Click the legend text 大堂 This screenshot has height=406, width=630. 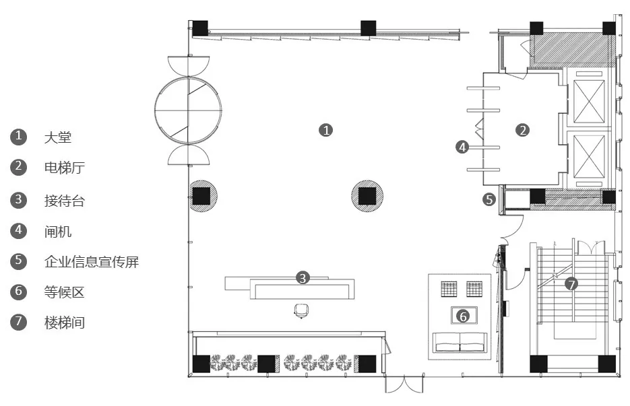coord(58,137)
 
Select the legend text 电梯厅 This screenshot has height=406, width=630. coord(65,168)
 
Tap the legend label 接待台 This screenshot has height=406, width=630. coord(65,201)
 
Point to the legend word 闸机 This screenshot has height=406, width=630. coord(58,232)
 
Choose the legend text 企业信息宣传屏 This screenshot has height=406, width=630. coord(92,261)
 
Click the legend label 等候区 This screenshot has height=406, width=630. coord(65,292)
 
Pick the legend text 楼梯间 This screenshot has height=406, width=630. coord(65,323)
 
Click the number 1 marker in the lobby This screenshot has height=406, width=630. coord(326,130)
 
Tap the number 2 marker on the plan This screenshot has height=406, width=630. coord(522,130)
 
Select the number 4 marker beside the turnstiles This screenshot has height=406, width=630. coord(462,147)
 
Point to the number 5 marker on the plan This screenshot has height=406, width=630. coord(489,199)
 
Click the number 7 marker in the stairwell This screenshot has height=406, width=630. coord(571,284)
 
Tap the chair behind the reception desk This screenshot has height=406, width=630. coord(301,311)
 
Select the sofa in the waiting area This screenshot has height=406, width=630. coord(460,343)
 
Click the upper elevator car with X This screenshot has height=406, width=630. coord(589,101)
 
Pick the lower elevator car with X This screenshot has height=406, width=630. coord(589,156)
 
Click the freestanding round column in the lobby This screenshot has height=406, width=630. coord(367,196)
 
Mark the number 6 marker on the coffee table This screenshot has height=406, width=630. coord(464,316)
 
